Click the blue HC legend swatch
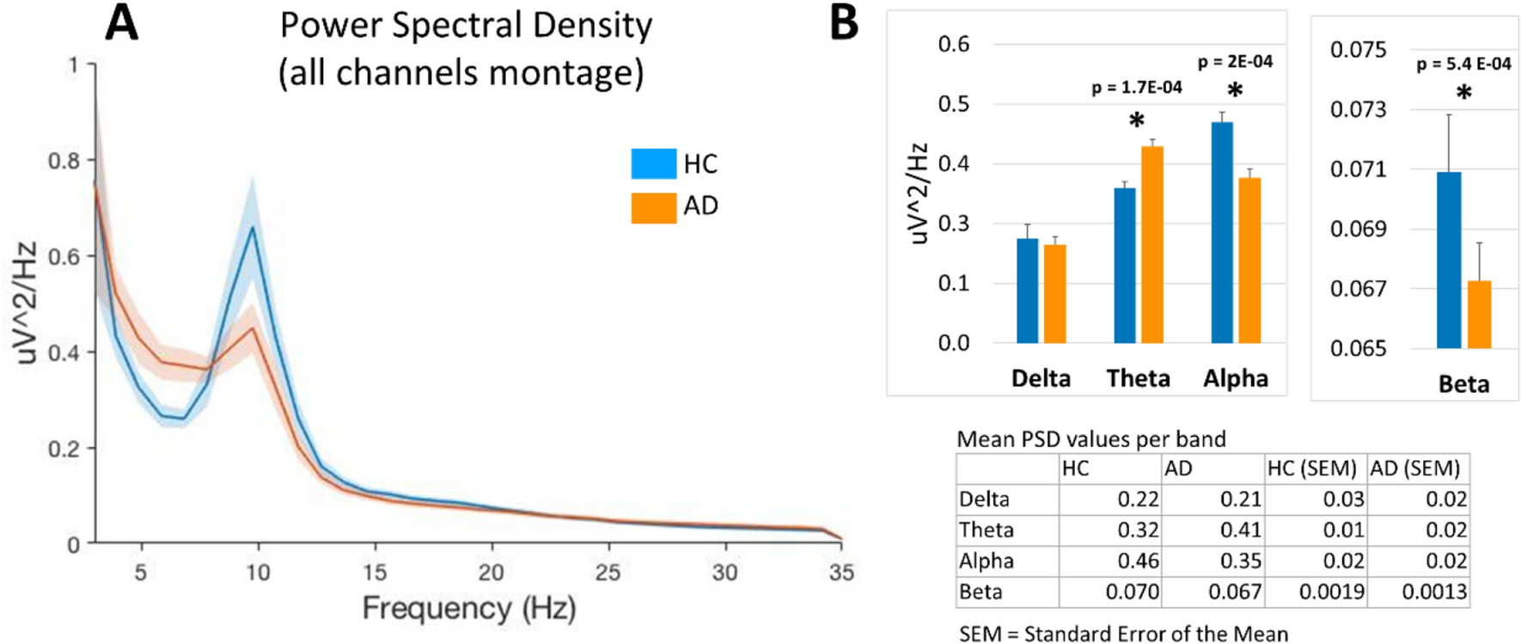[653, 163]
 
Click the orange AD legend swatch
[653, 207]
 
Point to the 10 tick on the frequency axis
[258, 573]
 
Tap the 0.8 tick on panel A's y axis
[63, 161]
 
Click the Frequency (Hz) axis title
[468, 609]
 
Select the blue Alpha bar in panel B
[1221, 232]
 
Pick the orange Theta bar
[1151, 245]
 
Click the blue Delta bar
[1027, 291]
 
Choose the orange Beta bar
[1479, 314]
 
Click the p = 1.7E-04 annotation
[1136, 88]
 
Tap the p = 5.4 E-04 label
[1463, 64]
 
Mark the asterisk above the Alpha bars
[1235, 91]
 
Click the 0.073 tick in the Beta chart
[1358, 109]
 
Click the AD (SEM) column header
[1414, 469]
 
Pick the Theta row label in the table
[987, 531]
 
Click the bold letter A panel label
[121, 23]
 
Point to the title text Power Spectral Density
[466, 26]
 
